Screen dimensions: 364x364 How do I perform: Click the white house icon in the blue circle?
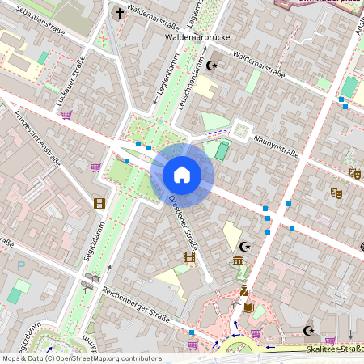181,174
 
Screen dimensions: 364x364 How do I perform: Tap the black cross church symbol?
120,13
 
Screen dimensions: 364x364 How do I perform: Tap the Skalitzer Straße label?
333,349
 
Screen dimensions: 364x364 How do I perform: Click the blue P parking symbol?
22,265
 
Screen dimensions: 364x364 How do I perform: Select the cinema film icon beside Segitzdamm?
99,203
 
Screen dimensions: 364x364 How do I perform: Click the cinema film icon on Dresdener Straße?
189,257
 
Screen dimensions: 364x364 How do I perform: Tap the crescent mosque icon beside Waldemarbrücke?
213,65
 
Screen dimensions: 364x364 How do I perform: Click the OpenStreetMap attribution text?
81,358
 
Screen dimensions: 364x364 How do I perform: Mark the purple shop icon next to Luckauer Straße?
66,114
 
